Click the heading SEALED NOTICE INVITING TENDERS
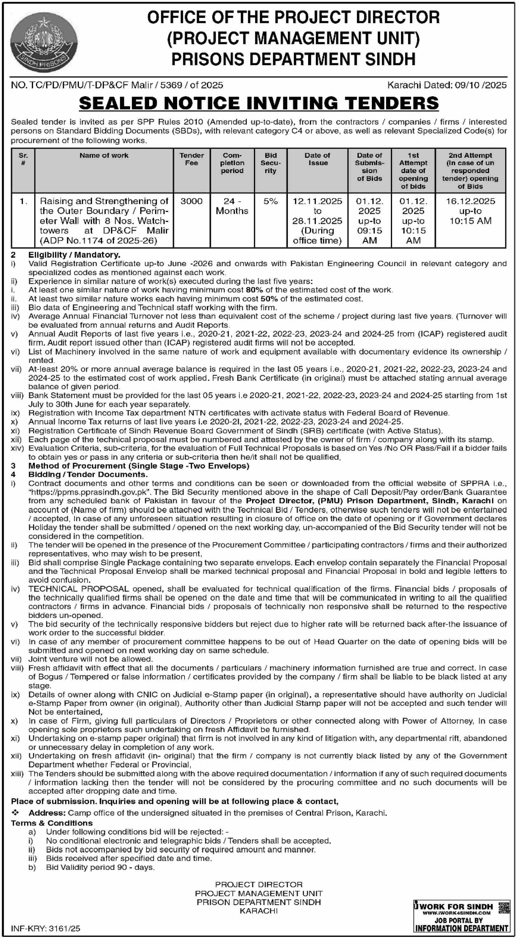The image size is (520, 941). (259, 103)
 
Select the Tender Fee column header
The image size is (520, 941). (191, 159)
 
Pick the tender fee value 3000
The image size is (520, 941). (191, 201)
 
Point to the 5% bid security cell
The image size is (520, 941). (270, 201)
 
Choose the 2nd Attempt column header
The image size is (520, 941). (470, 171)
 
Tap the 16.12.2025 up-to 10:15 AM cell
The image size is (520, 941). (470, 211)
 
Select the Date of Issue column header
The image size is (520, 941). (317, 159)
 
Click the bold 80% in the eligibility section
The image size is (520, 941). (254, 290)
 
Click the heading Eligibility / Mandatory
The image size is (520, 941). (74, 255)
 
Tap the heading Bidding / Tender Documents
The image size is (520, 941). (88, 475)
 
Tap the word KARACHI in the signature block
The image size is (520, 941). (258, 911)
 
